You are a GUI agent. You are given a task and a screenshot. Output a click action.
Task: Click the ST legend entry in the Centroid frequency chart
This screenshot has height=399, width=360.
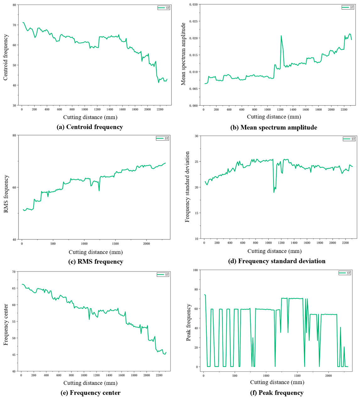pyautogui.click(x=164, y=8)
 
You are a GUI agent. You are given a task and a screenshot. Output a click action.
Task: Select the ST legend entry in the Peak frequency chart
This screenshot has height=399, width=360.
pyautogui.click(x=345, y=273)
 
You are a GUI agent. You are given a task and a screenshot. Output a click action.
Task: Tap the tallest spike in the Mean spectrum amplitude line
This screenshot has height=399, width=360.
pyautogui.click(x=281, y=36)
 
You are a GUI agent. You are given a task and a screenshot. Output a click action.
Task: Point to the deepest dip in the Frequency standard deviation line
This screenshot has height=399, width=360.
pyautogui.click(x=274, y=192)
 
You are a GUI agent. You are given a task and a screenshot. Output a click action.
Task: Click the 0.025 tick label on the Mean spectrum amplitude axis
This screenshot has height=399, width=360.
pyautogui.click(x=193, y=21)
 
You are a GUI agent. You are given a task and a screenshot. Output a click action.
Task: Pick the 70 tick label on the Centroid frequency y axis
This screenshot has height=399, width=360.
pyautogui.click(x=14, y=25)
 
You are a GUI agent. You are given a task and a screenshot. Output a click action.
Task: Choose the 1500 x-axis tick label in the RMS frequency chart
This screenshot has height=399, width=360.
pyautogui.click(x=115, y=244)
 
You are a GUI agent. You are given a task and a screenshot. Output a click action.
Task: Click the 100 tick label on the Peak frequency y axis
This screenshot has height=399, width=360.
pyautogui.click(x=195, y=270)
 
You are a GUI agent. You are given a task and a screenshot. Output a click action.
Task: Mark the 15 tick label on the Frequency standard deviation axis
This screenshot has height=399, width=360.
pyautogui.click(x=197, y=213)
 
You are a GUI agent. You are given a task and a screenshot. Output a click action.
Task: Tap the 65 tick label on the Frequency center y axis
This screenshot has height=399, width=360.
pyautogui.click(x=14, y=288)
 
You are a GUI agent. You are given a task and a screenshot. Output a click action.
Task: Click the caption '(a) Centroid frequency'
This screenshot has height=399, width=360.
pyautogui.click(x=90, y=127)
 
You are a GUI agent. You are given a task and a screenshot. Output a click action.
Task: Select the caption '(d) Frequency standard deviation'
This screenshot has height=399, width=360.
pyautogui.click(x=277, y=261)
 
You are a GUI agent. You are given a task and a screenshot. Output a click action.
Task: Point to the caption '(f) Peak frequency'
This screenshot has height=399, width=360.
pyautogui.click(x=277, y=393)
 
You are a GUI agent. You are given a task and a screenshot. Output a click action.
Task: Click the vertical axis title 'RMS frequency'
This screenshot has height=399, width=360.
pyautogui.click(x=6, y=194)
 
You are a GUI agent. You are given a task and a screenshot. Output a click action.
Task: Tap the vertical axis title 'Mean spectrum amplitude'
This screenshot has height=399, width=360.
pyautogui.click(x=183, y=54)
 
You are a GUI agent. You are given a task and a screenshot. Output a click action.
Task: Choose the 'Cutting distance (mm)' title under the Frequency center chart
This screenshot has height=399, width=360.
pyautogui.click(x=90, y=383)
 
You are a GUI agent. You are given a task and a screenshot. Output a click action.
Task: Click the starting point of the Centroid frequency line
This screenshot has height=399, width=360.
pyautogui.click(x=23, y=23)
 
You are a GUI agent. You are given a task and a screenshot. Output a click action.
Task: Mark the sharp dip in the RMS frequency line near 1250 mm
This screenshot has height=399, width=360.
pyautogui.click(x=99, y=191)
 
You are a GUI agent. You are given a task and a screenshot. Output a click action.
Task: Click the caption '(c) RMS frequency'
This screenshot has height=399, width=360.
pyautogui.click(x=96, y=262)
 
